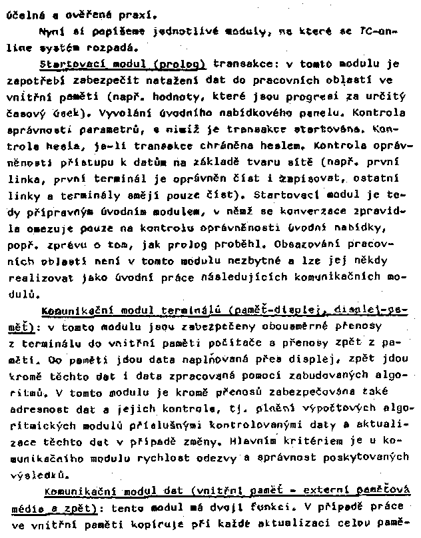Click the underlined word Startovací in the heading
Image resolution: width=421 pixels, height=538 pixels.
click(67, 65)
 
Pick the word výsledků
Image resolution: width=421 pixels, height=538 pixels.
click(36, 474)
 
